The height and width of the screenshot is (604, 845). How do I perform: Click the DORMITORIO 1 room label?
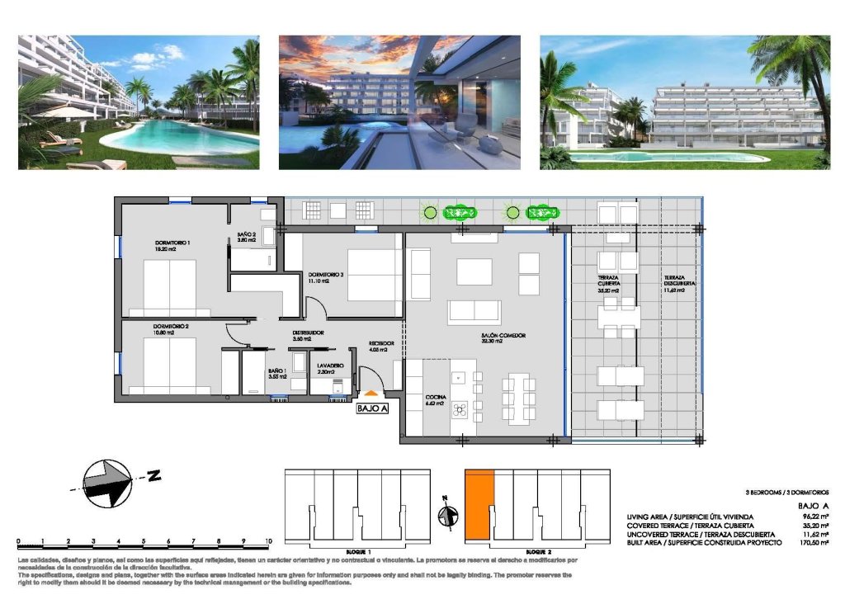pos(173,243)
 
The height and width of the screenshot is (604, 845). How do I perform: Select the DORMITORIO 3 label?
pos(326,275)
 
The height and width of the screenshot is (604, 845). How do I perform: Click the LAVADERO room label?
pos(330,364)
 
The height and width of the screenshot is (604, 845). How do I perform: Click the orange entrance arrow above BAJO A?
pos(371,396)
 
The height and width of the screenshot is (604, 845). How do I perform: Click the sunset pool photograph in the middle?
pos(399,102)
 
